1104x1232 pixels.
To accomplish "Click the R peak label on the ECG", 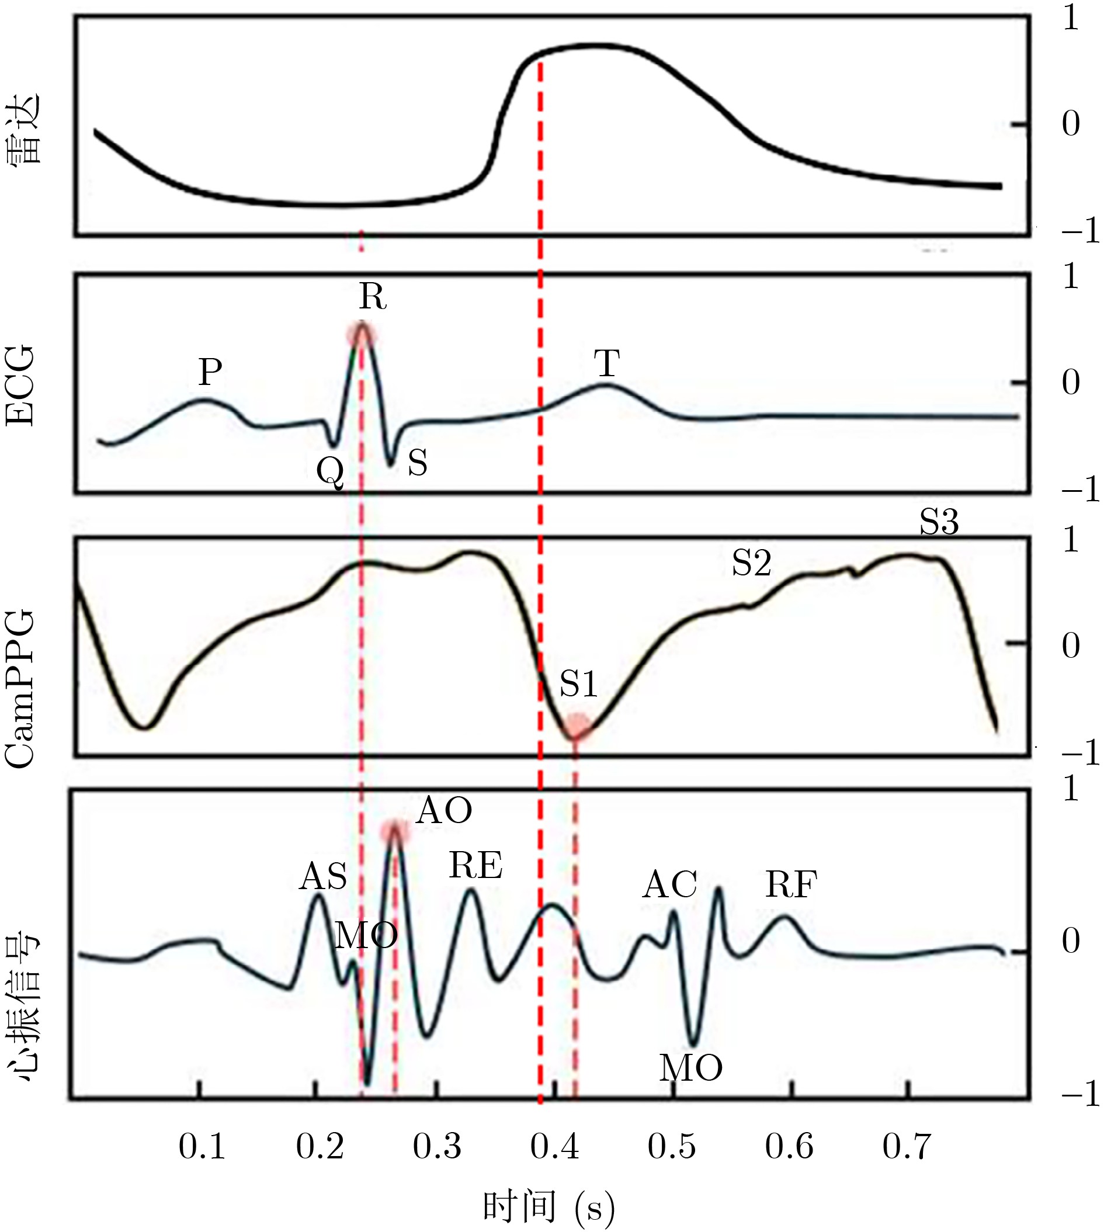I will (x=373, y=297).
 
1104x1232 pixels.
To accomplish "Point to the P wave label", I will (x=210, y=372).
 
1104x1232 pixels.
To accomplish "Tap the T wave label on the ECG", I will (x=606, y=364).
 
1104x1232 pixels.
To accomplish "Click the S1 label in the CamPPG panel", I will (x=578, y=684).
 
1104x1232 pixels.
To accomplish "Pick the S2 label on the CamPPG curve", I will (x=751, y=564).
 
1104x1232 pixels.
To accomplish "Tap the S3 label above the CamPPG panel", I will (x=939, y=522).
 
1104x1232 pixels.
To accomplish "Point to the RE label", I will (x=475, y=866).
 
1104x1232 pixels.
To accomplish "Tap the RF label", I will (x=791, y=885).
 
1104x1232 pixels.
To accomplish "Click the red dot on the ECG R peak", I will (x=362, y=334).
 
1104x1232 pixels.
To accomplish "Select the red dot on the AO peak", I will (x=395, y=833).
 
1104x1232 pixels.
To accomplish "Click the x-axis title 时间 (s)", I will (x=548, y=1191).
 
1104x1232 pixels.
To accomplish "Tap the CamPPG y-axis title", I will (x=20, y=689).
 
